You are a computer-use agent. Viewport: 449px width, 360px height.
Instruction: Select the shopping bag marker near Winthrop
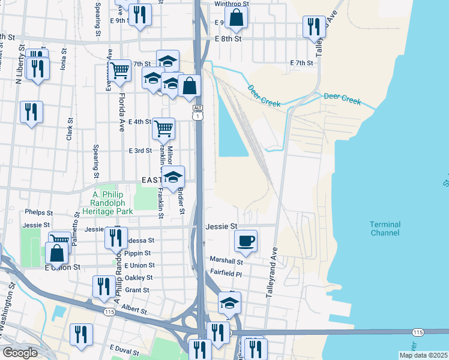pos(237,19)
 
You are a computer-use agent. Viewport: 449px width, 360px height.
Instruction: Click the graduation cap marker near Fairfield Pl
pos(229,304)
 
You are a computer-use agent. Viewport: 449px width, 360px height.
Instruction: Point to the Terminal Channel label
pos(385,229)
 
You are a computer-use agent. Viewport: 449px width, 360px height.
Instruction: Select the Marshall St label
pos(226,261)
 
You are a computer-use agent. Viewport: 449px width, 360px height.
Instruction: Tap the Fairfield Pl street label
pos(225,274)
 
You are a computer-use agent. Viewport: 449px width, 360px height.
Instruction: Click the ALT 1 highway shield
pos(197,112)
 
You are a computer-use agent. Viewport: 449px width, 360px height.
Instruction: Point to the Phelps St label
pos(38,212)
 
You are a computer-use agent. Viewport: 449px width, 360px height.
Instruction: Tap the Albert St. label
pos(134,310)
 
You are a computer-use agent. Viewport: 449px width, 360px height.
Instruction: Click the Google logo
pos(20,353)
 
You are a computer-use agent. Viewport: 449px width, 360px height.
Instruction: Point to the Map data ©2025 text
pos(423,355)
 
